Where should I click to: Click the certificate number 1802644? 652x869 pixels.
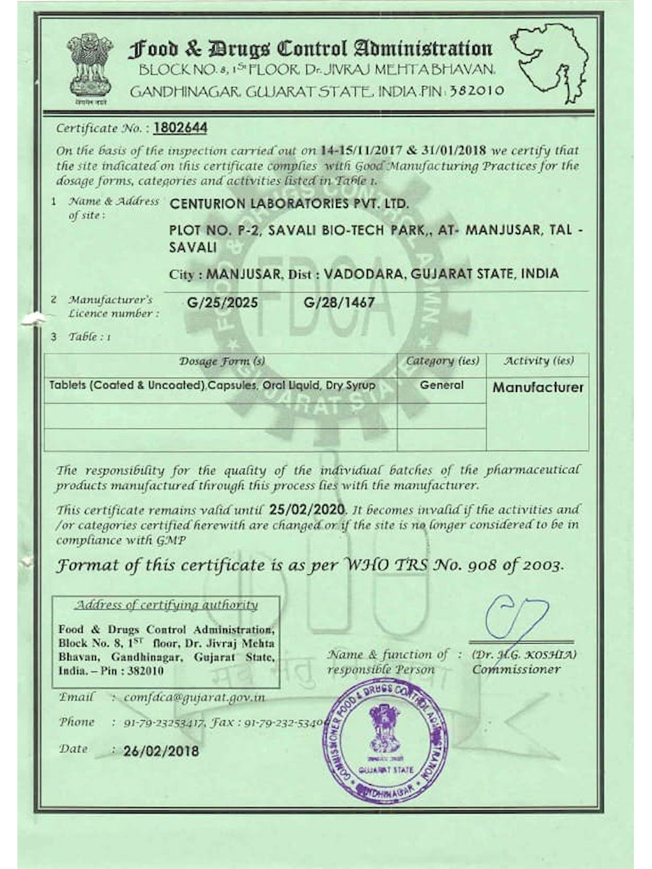pyautogui.click(x=180, y=128)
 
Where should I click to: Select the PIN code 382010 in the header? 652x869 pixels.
pyautogui.click(x=475, y=91)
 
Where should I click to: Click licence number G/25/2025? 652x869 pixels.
pyautogui.click(x=221, y=302)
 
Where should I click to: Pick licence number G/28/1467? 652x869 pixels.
pyautogui.click(x=340, y=302)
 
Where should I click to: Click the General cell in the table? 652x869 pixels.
pyautogui.click(x=441, y=385)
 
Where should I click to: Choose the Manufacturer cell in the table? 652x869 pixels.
pyautogui.click(x=538, y=387)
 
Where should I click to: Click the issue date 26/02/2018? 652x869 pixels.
pyautogui.click(x=161, y=751)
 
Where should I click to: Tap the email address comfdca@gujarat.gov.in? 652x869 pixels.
pyautogui.click(x=194, y=697)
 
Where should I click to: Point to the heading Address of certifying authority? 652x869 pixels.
pyautogui.click(x=167, y=605)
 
